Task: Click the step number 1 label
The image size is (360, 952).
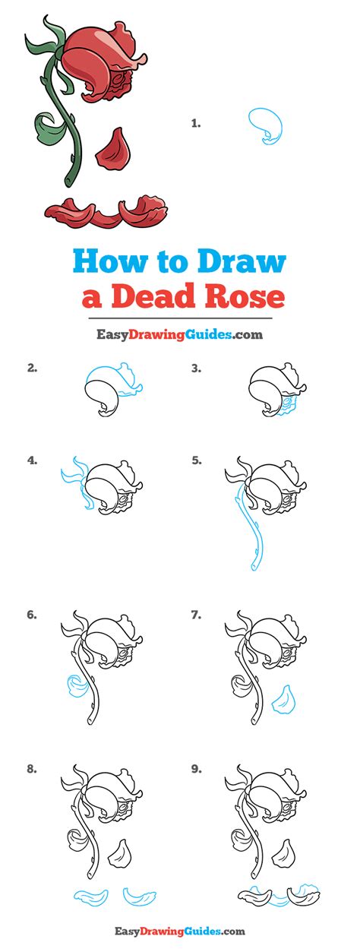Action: coord(196,122)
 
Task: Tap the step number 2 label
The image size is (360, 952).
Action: coord(32,368)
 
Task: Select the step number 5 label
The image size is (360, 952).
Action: coord(196,460)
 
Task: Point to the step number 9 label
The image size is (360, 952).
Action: coord(196,769)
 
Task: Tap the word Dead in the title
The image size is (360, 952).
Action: coord(153,296)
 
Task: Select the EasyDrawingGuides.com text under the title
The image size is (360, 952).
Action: coord(179,334)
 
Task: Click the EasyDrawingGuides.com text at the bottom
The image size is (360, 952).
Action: coord(179,931)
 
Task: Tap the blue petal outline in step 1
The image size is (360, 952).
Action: coord(265,125)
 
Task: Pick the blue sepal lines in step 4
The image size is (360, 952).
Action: coord(76,486)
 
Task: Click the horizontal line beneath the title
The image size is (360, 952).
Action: coord(179,318)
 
